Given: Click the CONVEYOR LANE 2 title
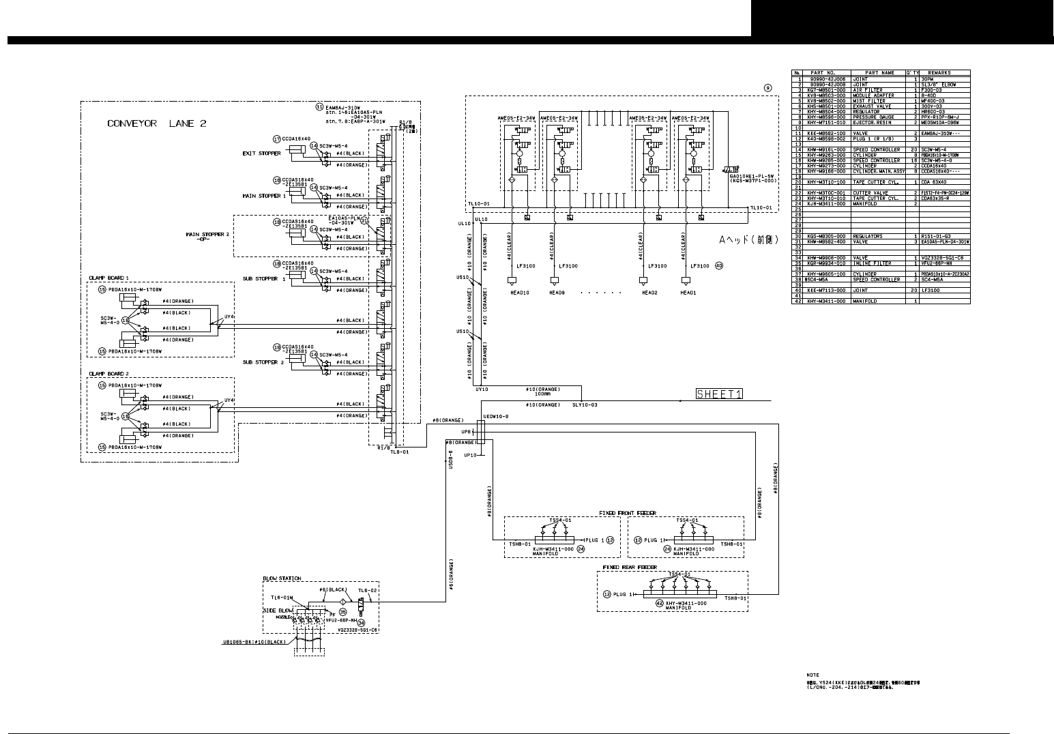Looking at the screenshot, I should (x=152, y=123).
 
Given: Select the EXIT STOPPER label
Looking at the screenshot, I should (x=261, y=153).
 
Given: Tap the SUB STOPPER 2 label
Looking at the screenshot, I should (x=263, y=362).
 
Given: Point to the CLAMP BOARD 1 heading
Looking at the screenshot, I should (x=108, y=278).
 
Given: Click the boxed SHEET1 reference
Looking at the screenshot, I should (x=719, y=393).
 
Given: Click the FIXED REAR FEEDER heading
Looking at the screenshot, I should (x=630, y=567).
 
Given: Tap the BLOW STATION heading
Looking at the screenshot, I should (x=282, y=578).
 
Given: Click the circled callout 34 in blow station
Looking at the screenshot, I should (x=361, y=623).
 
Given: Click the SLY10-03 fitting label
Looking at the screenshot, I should (x=584, y=405).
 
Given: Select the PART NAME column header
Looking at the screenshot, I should (x=879, y=72).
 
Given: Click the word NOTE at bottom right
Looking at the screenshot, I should (x=812, y=675).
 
